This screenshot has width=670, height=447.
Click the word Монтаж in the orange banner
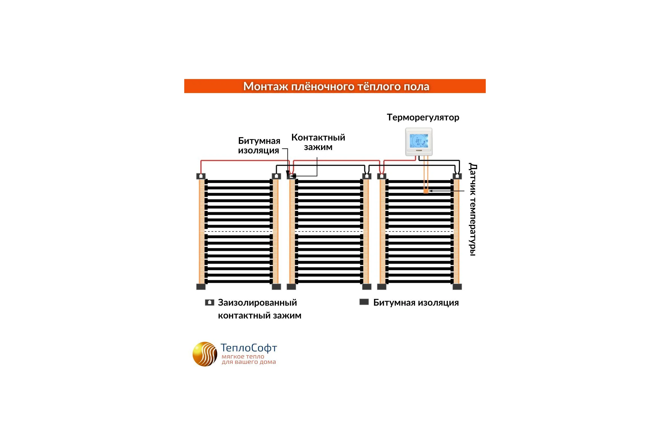[265, 86]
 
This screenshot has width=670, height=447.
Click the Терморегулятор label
[423, 117]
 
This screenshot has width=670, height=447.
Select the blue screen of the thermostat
[419, 141]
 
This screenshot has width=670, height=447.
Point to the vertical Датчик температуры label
[473, 210]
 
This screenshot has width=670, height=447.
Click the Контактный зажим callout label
[318, 142]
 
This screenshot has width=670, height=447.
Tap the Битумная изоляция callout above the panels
[259, 145]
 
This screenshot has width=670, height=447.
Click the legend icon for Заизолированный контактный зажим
[210, 303]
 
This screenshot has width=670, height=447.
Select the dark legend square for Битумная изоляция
[364, 302]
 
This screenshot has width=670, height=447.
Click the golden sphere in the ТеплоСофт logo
[205, 354]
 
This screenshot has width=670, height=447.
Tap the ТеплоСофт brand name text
[249, 348]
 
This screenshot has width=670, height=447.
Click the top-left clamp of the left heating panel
[201, 176]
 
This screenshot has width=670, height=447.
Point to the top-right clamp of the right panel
[457, 176]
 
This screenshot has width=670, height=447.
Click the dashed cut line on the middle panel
[329, 232]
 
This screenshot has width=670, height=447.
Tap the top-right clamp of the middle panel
[367, 176]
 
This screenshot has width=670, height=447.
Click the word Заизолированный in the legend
[257, 303]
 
